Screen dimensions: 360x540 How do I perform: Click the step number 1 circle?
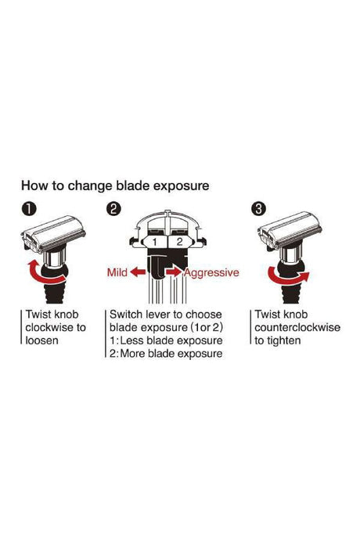coord(29,209)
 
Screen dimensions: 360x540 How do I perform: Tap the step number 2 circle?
coord(113,209)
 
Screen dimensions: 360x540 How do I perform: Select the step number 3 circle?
coord(259,209)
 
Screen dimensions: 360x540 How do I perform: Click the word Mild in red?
coord(117,272)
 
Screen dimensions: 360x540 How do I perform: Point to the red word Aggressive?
coord(211,273)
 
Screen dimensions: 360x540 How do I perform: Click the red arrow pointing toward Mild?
coord(139,272)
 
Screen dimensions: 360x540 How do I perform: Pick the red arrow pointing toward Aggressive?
coord(175,272)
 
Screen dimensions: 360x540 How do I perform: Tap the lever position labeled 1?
coord(155,242)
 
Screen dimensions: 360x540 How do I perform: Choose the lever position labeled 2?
coord(179,242)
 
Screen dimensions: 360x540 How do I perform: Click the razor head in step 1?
coord(53,233)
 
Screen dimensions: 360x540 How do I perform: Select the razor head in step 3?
coord(290,230)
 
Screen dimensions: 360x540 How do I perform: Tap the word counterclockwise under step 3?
coord(297,327)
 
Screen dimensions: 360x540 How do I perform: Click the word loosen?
coord(41,340)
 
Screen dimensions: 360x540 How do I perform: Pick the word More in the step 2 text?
coord(133,354)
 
